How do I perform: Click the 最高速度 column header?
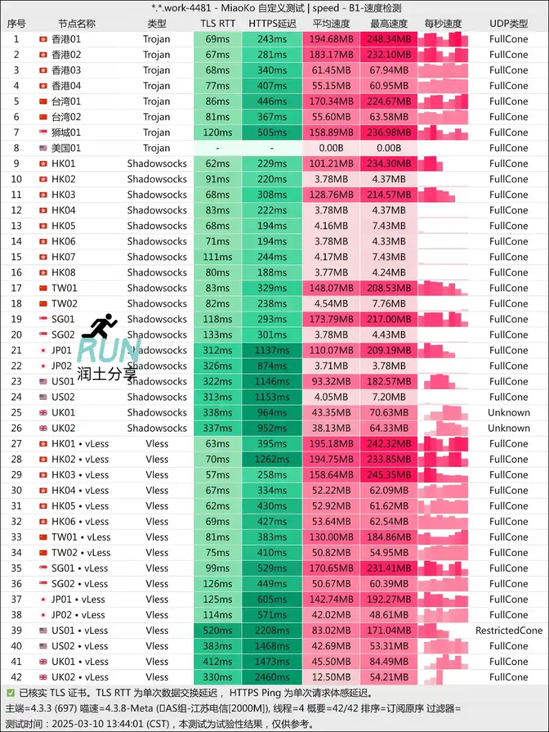pos(389,24)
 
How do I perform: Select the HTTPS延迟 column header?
pos(272,24)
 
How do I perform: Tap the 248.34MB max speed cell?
pos(389,39)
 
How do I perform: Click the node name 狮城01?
pos(66,132)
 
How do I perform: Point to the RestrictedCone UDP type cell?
pos(509,631)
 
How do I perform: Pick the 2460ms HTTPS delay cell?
pos(272,677)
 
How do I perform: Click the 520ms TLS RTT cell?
pos(218,631)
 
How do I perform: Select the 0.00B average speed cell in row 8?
pos(331,148)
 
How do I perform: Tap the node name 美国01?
pos(66,148)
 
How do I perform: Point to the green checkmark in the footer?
pos(10,693)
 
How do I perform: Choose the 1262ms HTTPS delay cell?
pos(272,460)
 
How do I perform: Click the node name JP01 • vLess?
pos(78,600)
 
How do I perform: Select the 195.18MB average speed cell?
pos(331,444)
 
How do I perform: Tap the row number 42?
pos(16,677)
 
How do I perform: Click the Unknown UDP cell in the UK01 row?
pos(509,413)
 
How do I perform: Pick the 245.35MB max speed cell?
pos(389,475)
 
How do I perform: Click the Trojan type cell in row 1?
pos(157,39)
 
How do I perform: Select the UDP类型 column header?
pos(509,24)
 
